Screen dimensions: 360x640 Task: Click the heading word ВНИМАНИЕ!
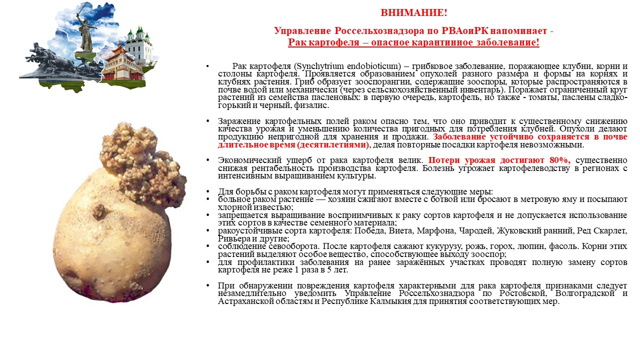[x=414, y=12]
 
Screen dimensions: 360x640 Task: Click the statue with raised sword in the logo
[x=86, y=30]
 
